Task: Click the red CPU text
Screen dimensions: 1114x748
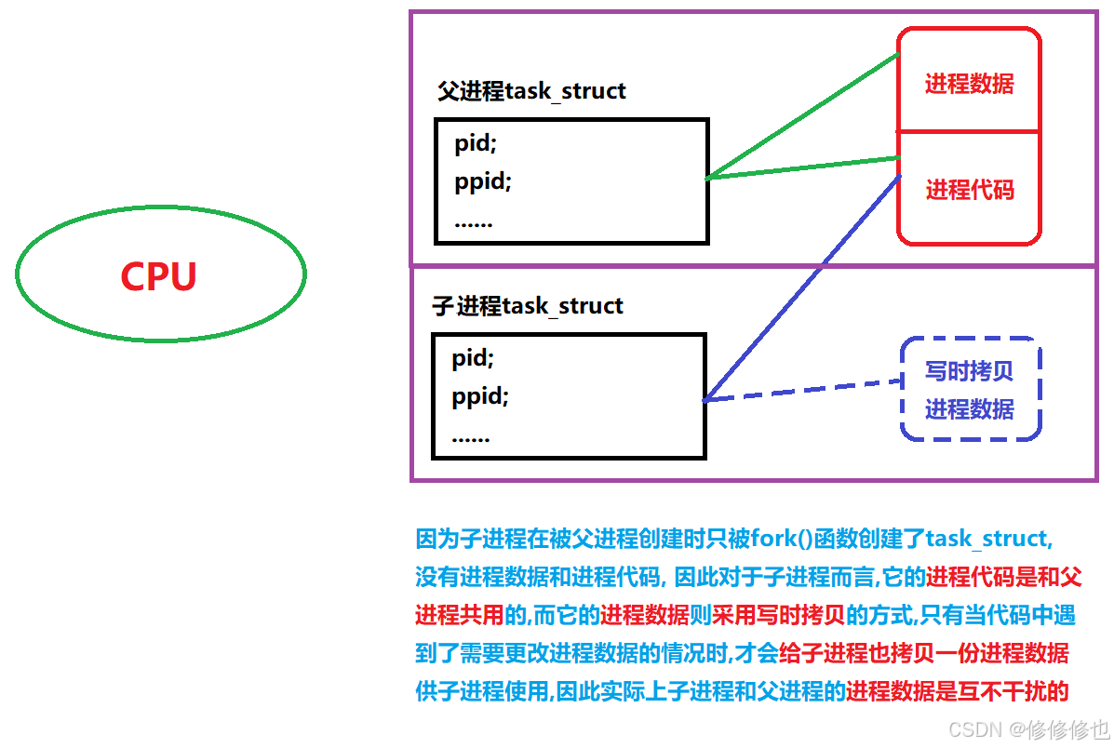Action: pyautogui.click(x=158, y=276)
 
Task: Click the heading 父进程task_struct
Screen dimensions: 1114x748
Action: pyautogui.click(x=531, y=91)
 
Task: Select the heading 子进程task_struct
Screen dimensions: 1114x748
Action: pyautogui.click(x=528, y=306)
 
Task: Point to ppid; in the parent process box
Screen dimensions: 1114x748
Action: pyautogui.click(x=483, y=180)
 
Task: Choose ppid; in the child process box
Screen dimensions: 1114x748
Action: pyautogui.click(x=481, y=397)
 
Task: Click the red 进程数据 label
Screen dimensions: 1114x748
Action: pyautogui.click(x=969, y=84)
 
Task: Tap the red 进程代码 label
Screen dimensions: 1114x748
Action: pyautogui.click(x=969, y=191)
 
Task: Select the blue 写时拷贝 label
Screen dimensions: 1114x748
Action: pyautogui.click(x=969, y=371)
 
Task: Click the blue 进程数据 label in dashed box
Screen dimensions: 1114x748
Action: pyautogui.click(x=969, y=409)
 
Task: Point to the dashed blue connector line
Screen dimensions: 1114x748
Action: pyautogui.click(x=800, y=390)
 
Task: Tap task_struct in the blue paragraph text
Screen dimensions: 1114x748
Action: pyautogui.click(x=987, y=539)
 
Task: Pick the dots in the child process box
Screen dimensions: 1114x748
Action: pyautogui.click(x=471, y=436)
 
